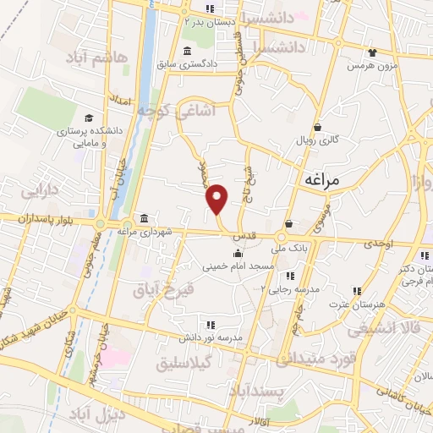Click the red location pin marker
pyautogui.click(x=218, y=198)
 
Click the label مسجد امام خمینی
pyautogui.click(x=238, y=266)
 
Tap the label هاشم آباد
pyautogui.click(x=99, y=56)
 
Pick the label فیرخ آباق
pyautogui.click(x=164, y=289)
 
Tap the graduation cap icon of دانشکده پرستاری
pyautogui.click(x=89, y=118)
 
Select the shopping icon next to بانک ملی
pyautogui.click(x=289, y=224)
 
